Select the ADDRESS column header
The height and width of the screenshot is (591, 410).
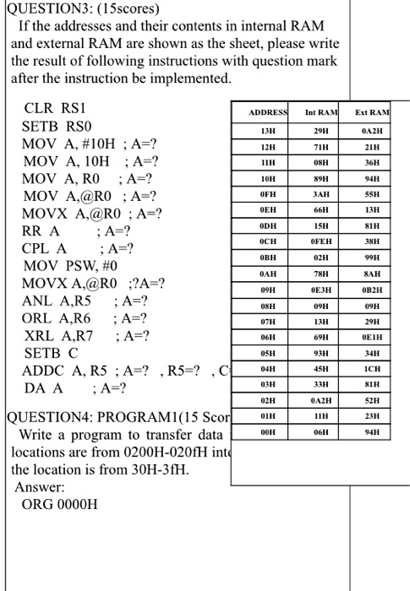pyautogui.click(x=269, y=112)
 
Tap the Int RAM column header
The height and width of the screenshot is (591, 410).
pyautogui.click(x=320, y=112)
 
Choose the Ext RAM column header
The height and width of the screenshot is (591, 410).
pyautogui.click(x=372, y=112)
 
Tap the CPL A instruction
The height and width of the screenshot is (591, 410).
pyautogui.click(x=45, y=248)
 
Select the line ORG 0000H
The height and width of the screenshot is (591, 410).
pyautogui.click(x=60, y=505)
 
